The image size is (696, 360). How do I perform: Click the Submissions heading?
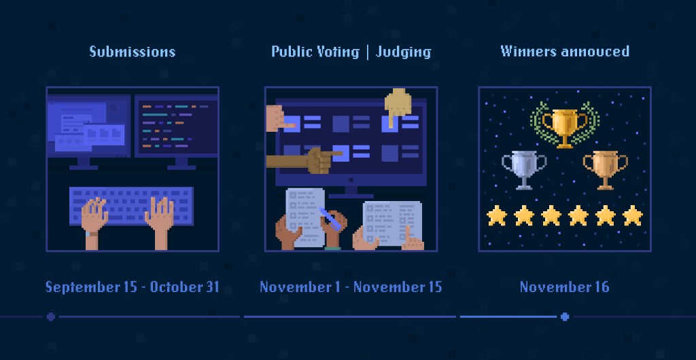click(133, 52)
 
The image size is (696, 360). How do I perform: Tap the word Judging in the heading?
click(403, 52)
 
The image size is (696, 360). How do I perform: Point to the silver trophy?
click(524, 170)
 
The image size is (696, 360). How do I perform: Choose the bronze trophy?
click(605, 170)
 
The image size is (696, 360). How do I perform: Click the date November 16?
click(565, 287)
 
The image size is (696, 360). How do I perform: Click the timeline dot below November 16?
click(565, 317)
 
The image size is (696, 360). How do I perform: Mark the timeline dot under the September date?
click(50, 317)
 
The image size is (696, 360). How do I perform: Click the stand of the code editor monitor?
click(181, 164)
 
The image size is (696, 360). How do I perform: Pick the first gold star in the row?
click(497, 215)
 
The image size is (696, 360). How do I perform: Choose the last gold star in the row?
click(633, 215)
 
